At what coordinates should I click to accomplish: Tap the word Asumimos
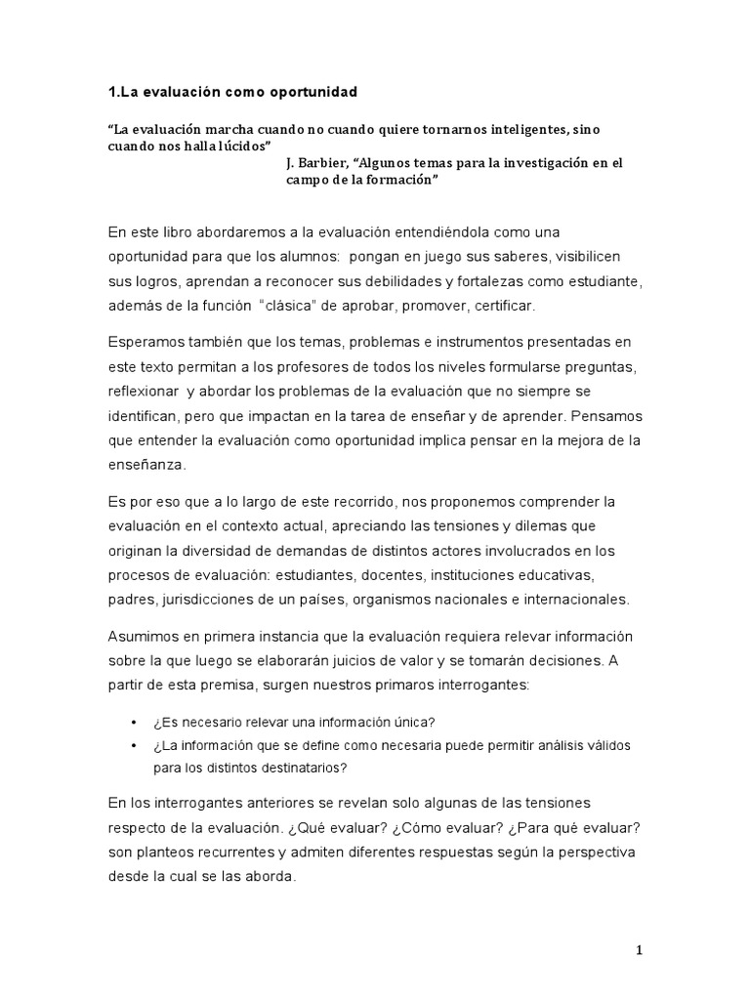(x=145, y=637)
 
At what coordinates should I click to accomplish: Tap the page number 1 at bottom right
(x=640, y=950)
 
